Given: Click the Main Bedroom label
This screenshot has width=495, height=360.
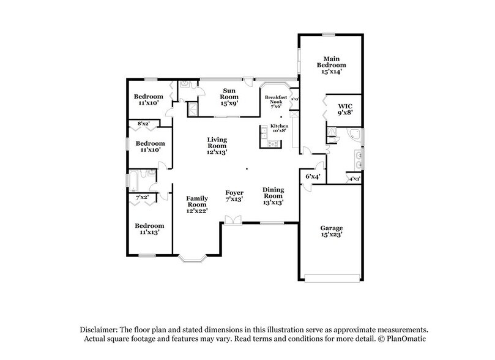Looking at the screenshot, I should coord(331,65).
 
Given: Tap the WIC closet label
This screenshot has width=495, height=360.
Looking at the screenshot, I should coord(345,110).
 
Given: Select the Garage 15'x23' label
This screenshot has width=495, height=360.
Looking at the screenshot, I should coord(331,231).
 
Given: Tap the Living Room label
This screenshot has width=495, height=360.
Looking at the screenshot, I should coord(217,145).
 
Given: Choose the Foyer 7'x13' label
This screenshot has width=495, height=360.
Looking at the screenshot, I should coord(234,195).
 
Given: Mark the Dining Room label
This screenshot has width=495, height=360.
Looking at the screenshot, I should coord(273,195).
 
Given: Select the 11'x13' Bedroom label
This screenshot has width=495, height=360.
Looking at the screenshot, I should coord(149,228).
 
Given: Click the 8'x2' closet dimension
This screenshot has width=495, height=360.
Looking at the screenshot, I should coord(144,124).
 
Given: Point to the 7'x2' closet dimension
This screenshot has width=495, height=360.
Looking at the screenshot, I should coord(142,197).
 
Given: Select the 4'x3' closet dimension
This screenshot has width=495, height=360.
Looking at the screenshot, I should coord(354,179).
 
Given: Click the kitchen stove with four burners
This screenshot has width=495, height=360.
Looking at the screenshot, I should coord(272,144).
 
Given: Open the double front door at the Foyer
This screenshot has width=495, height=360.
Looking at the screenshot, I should coord(232,220).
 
